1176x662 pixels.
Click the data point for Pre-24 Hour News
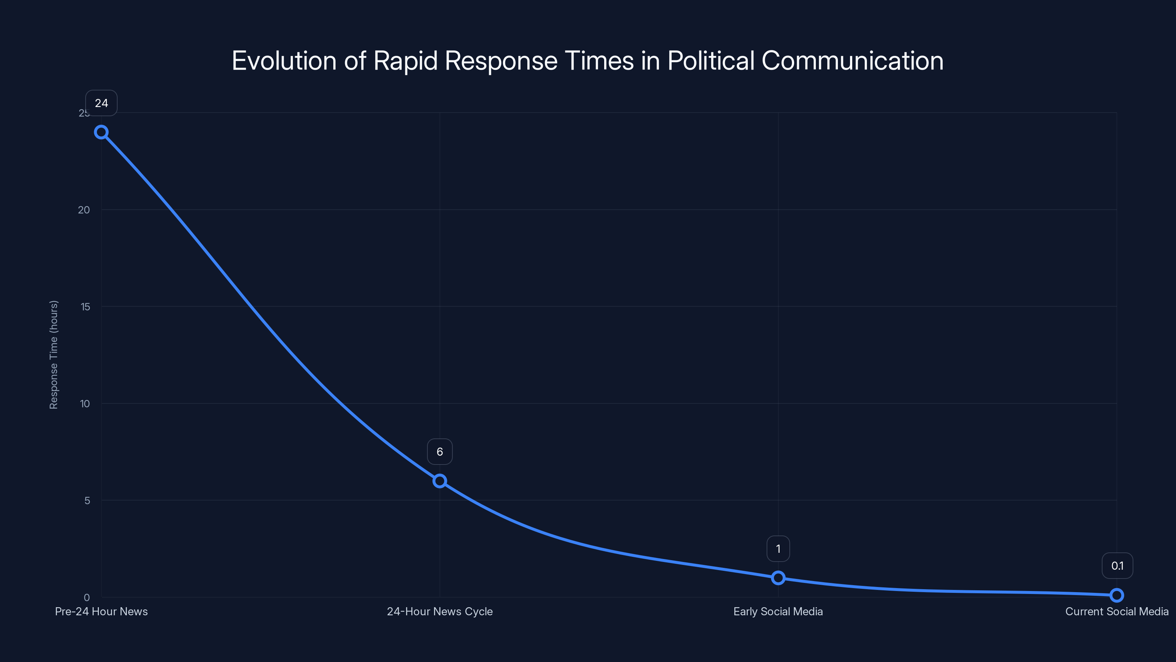point(101,132)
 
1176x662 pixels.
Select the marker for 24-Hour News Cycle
point(440,481)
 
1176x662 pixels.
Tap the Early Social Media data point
point(778,578)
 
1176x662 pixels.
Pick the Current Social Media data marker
point(1117,595)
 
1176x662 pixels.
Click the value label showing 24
point(101,103)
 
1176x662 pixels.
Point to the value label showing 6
point(440,452)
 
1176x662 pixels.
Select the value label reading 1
point(778,549)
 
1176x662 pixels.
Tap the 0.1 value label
point(1117,566)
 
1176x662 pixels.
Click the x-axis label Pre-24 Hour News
point(101,612)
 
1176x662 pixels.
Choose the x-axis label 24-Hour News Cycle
point(440,612)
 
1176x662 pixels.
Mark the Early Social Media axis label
point(778,612)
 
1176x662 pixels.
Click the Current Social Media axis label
point(1117,612)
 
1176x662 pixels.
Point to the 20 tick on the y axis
point(84,210)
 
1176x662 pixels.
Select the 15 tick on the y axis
point(85,307)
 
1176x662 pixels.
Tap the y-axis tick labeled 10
point(85,404)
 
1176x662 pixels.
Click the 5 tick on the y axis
point(87,501)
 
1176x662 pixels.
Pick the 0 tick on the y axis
point(87,598)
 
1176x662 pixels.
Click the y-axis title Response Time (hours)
point(54,355)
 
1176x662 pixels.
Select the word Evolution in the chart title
point(284,61)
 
